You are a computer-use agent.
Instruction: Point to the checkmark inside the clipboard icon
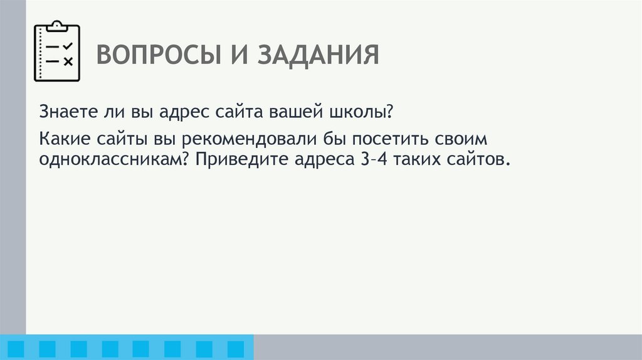click(x=68, y=46)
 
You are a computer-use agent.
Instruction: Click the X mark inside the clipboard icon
click(x=68, y=61)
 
